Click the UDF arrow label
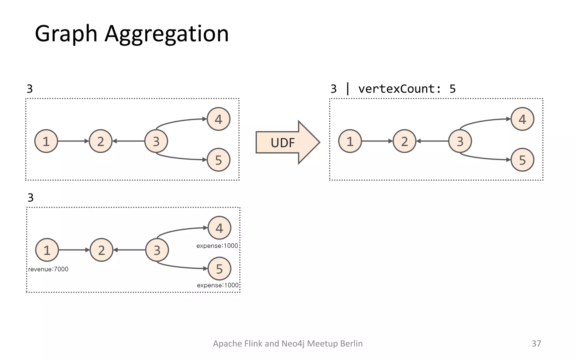(282, 143)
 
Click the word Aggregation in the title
(167, 34)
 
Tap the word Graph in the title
(66, 34)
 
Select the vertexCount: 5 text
(407, 89)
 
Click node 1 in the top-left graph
(46, 141)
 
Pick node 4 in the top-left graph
(219, 119)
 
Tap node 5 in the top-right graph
(522, 160)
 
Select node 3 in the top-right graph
(460, 141)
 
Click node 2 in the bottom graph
(101, 250)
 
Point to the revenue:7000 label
(48, 269)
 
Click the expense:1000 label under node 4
(217, 246)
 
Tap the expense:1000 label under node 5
(218, 285)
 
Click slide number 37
(536, 343)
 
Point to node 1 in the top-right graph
(350, 141)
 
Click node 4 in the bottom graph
(219, 228)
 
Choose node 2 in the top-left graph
(101, 141)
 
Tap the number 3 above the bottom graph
(30, 198)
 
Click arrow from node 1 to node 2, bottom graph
(74, 250)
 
